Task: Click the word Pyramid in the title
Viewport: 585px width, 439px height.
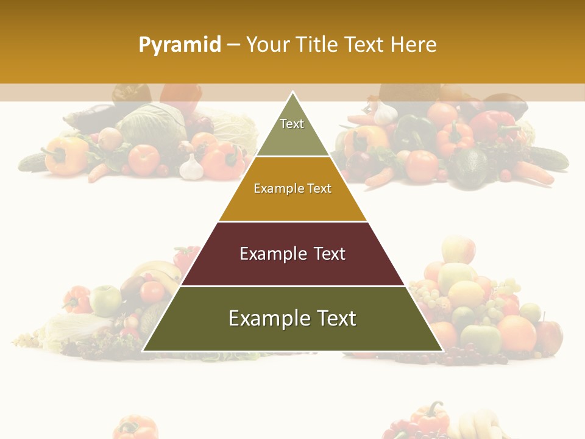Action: point(179,45)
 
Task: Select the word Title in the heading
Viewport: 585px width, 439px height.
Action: point(317,45)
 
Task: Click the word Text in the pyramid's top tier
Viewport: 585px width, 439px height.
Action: point(292,124)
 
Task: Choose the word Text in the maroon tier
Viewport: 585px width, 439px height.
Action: point(329,254)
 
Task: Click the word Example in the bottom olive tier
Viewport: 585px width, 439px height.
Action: point(266,318)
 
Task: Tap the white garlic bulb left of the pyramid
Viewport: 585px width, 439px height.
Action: point(191,167)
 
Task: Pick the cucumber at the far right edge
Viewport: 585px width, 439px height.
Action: point(548,158)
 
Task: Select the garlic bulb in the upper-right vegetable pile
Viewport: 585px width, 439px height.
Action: point(385,113)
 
